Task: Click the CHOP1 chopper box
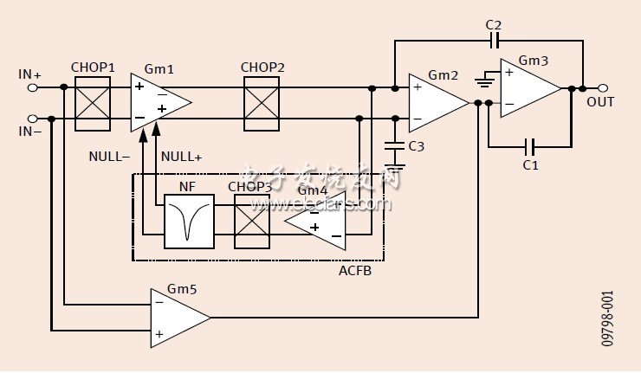coord(92,103)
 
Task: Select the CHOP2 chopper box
coord(262,103)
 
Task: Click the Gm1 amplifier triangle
coord(158,103)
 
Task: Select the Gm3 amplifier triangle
coord(527,87)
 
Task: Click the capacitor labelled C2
coord(495,41)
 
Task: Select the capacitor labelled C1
coord(531,146)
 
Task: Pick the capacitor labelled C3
coord(395,146)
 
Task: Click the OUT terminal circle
coord(603,87)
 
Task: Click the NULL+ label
coord(182,157)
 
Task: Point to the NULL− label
coord(109,157)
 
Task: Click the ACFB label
coord(354,271)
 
